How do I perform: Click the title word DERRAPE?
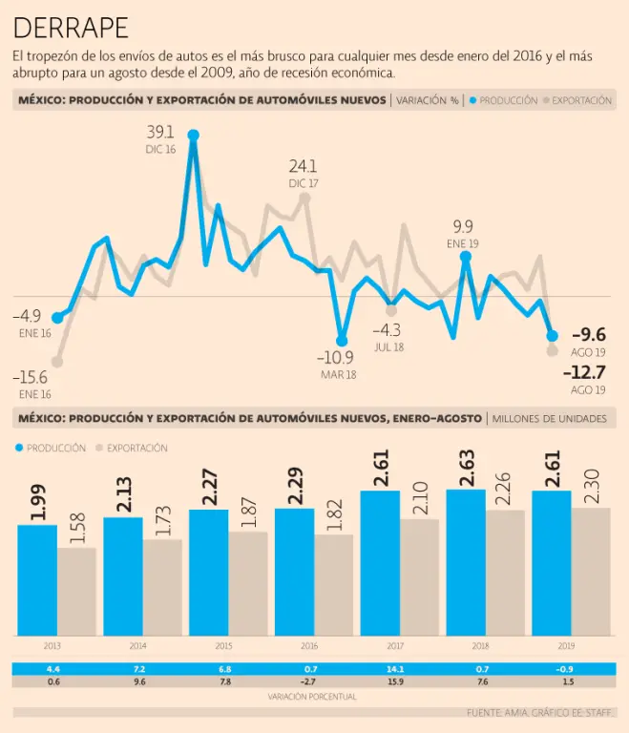click(x=72, y=27)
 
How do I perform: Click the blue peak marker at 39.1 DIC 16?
click(x=194, y=136)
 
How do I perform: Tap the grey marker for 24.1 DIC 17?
click(x=304, y=199)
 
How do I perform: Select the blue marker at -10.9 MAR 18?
click(x=341, y=340)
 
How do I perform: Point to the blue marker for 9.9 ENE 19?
click(x=466, y=256)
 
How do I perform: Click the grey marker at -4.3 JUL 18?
click(x=391, y=310)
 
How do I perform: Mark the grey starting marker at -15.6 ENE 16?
click(x=57, y=362)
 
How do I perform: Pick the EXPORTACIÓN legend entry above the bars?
click(x=131, y=448)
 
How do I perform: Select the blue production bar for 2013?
click(x=37, y=579)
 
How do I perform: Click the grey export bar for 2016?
click(x=334, y=585)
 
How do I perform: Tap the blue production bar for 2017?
click(x=380, y=563)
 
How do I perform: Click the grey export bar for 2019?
click(x=591, y=572)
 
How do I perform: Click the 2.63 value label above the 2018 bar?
click(x=467, y=471)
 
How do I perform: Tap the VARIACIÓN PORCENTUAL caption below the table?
click(x=314, y=697)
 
